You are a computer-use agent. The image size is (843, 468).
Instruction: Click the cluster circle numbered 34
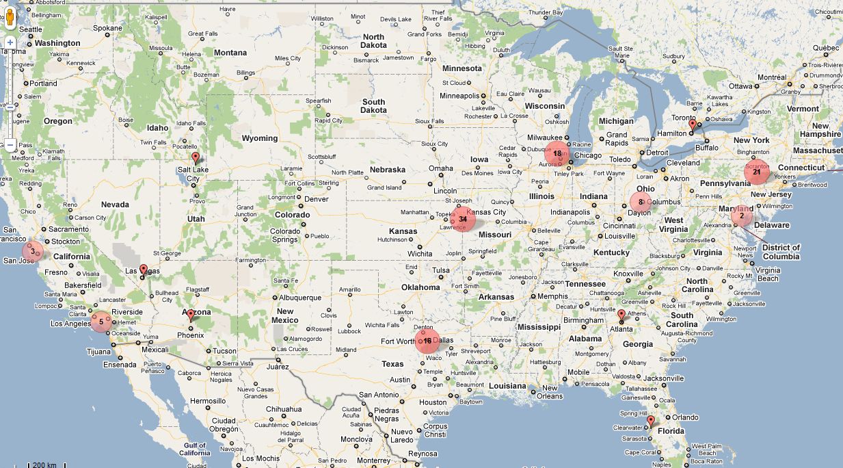464,219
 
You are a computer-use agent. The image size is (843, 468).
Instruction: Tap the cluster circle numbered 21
757,172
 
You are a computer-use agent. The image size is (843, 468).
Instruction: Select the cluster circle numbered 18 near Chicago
557,154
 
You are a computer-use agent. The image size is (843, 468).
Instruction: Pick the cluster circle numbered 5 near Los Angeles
101,321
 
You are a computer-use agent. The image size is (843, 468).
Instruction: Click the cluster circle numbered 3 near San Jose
32,252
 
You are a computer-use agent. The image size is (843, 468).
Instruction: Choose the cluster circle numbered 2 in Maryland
741,216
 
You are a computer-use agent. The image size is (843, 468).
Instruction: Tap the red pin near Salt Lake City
196,158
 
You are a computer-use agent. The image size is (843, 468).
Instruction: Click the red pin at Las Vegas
143,270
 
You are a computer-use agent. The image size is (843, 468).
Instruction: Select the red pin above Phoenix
191,315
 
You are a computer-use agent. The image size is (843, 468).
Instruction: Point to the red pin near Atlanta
621,315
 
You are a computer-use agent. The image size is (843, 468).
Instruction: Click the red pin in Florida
650,421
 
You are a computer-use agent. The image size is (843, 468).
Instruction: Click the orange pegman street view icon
10,18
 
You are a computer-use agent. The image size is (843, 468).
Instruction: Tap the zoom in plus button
10,42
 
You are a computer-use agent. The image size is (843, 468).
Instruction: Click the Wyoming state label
259,138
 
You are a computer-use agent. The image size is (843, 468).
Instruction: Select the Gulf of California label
194,449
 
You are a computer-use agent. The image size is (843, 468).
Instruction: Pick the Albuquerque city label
300,298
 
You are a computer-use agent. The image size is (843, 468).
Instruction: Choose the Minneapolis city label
459,96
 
